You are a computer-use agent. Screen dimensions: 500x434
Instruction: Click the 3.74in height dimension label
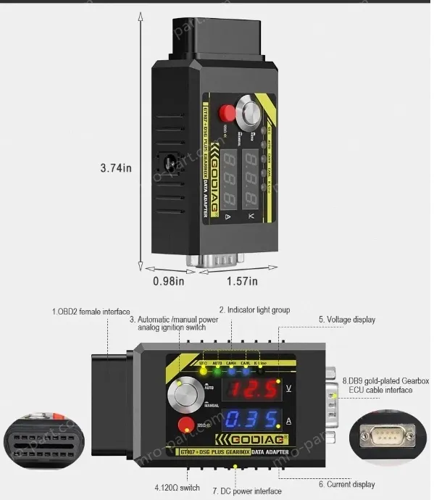(116, 168)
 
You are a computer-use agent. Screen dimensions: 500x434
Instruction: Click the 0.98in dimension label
(168, 281)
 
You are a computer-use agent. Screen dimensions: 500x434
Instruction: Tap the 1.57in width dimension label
(242, 281)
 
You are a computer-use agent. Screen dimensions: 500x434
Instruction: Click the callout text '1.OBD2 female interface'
(91, 312)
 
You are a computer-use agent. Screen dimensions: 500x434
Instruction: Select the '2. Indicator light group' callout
(254, 310)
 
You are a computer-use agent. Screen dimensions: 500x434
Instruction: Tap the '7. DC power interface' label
(246, 491)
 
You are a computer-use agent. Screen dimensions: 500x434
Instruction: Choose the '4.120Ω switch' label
(177, 487)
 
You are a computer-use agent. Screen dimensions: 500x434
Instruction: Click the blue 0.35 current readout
(250, 420)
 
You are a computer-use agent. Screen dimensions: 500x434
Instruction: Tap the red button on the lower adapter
(185, 425)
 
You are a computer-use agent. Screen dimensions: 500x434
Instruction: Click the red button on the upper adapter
(228, 113)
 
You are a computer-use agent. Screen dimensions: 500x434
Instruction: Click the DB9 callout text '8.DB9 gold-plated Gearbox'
(385, 380)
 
